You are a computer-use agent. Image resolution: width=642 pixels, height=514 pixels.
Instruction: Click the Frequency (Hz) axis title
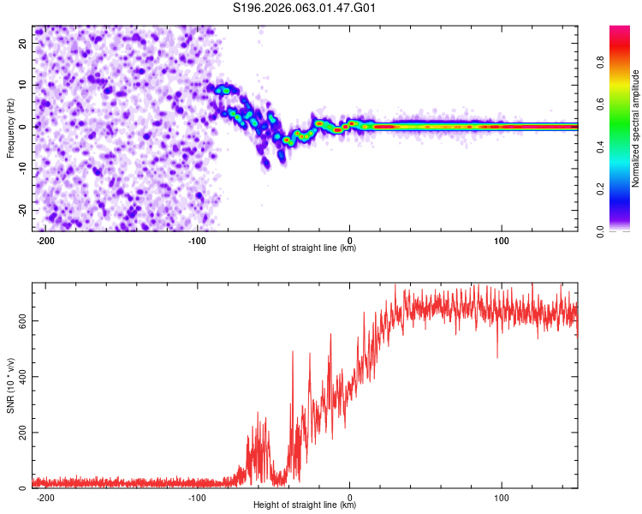coord(10,128)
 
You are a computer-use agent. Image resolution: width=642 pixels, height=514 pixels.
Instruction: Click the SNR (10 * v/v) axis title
coord(10,385)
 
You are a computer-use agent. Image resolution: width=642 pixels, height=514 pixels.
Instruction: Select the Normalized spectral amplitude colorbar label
coord(636,128)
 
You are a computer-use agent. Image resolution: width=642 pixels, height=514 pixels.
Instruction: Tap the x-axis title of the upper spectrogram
coord(305,248)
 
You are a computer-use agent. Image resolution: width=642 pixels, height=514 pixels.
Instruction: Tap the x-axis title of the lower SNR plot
coord(305,505)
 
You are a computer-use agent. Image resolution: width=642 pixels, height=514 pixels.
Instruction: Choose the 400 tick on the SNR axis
coord(22,376)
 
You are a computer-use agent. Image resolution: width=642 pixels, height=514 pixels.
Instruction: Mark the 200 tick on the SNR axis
coord(22,433)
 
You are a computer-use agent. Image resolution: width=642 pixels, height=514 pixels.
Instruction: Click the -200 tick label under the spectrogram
coord(46,239)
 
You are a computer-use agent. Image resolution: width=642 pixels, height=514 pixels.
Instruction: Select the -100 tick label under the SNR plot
coord(198,496)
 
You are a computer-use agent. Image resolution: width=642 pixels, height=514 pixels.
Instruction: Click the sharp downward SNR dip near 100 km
coord(497,356)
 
